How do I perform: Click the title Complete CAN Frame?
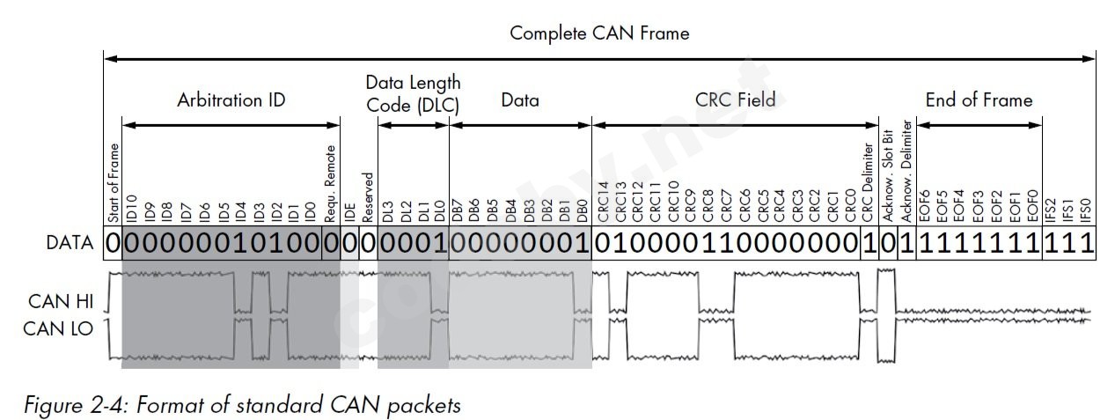[599, 33]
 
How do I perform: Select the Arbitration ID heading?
[231, 100]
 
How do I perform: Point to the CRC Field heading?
[734, 100]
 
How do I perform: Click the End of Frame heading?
[979, 100]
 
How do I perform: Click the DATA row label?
[70, 244]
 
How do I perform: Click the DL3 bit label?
[387, 210]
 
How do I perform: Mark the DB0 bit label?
[582, 210]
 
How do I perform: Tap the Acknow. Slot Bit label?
[888, 177]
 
